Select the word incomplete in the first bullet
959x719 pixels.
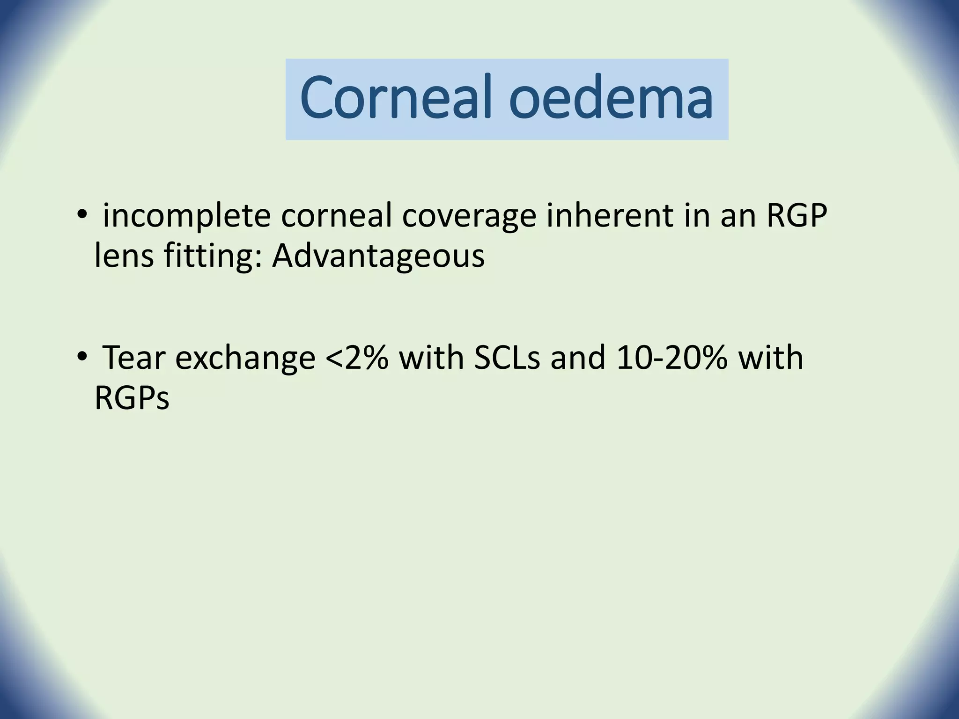tap(187, 217)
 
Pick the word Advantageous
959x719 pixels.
tap(378, 257)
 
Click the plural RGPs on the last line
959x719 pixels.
tap(132, 398)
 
